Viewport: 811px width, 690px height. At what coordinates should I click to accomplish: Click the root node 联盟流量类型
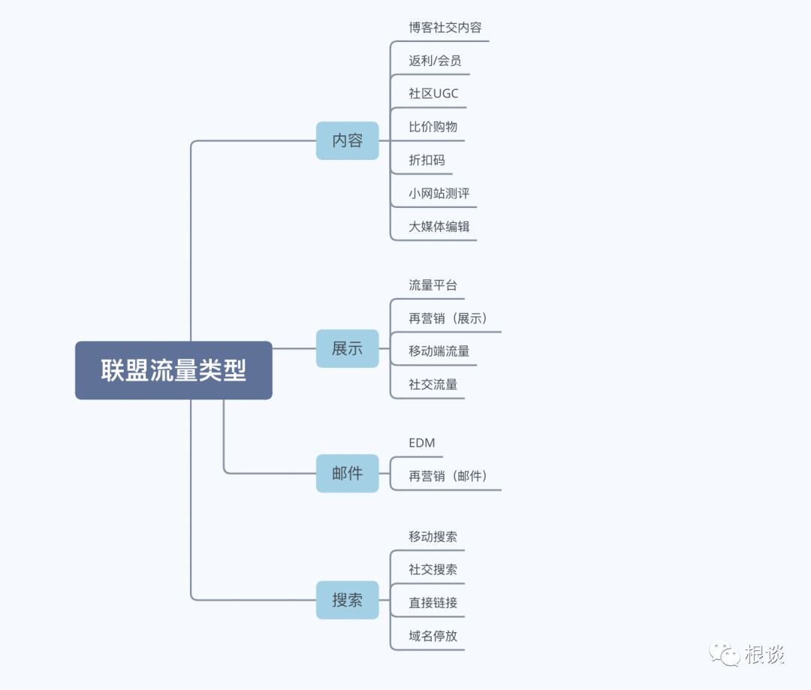point(173,370)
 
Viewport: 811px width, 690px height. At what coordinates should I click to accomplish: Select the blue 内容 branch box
point(347,140)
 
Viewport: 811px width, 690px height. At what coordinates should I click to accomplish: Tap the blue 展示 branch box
point(347,348)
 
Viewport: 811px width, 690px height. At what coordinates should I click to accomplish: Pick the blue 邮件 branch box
point(347,473)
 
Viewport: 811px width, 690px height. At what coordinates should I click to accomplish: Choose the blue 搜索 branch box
point(347,600)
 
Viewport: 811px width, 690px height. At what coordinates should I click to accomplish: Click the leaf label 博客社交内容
point(445,28)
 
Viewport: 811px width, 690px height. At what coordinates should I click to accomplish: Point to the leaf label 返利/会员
point(435,61)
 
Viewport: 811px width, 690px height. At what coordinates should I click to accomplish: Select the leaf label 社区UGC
point(433,94)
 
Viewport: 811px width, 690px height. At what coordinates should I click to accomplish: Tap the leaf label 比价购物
point(433,127)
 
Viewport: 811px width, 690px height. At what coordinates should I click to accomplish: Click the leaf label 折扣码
point(427,160)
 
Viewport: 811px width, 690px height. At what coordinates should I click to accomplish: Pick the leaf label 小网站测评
point(439,193)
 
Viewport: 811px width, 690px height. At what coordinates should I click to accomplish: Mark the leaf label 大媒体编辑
point(439,226)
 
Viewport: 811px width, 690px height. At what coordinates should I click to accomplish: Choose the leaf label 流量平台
point(433,285)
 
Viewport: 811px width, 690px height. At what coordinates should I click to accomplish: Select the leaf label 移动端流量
point(439,351)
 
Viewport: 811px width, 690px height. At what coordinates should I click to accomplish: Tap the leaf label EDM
point(422,443)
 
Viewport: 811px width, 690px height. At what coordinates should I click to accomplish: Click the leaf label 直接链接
point(433,602)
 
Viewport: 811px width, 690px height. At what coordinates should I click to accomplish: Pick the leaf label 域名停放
point(433,635)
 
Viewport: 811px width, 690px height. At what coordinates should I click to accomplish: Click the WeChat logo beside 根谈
point(725,653)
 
